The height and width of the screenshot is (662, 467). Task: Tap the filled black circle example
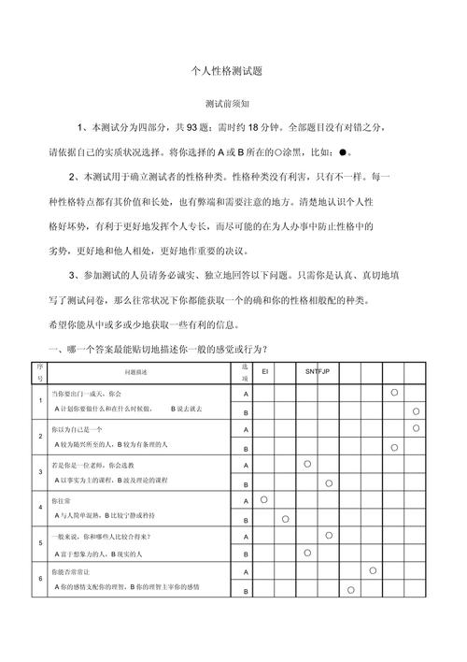(344, 151)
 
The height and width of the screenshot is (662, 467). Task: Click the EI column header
(265, 371)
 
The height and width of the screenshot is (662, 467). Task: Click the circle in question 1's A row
(394, 393)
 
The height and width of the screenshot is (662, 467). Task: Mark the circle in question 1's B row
(416, 410)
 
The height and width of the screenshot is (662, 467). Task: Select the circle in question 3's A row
(307, 464)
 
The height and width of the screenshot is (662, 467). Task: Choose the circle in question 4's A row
(264, 499)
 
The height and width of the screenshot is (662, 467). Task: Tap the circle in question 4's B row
(286, 518)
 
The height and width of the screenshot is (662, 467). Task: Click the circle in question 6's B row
(350, 589)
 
